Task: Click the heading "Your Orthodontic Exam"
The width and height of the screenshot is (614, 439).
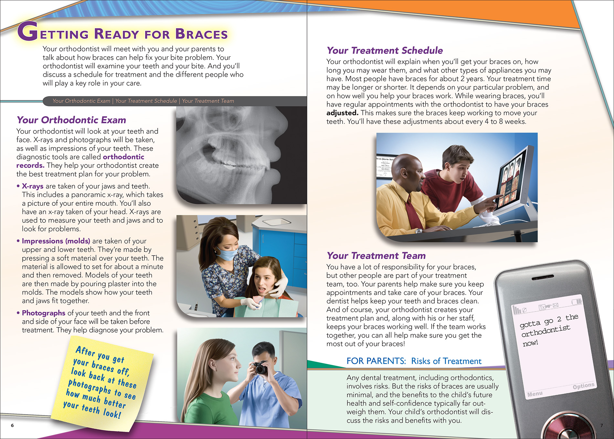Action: click(71, 120)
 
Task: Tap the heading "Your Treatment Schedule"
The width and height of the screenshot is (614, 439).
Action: click(385, 50)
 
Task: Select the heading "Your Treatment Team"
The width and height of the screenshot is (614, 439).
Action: click(376, 256)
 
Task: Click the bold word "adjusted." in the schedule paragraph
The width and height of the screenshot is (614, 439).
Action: click(342, 113)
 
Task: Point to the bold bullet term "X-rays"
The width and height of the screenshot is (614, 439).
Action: click(32, 186)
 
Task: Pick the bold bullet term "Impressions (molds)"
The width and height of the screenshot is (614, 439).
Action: click(56, 241)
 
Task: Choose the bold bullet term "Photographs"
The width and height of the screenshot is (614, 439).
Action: click(44, 313)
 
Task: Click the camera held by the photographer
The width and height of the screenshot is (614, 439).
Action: click(259, 368)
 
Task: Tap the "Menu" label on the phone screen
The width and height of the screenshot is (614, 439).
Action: click(535, 394)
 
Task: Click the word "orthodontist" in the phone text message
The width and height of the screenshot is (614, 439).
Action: click(546, 331)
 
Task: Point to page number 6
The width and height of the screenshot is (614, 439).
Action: click(12, 425)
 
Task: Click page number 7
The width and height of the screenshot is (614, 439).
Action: click(601, 425)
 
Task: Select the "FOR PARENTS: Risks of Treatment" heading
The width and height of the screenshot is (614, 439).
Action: click(414, 361)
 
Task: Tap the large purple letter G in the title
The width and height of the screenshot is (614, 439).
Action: click(28, 31)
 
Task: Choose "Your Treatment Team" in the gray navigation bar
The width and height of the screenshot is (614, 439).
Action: click(208, 101)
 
